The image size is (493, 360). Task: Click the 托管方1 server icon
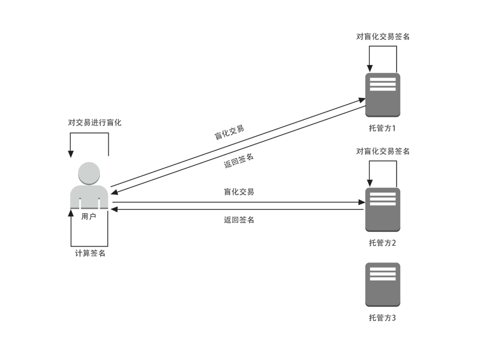coord(383,94)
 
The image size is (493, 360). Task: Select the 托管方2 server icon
coord(383,209)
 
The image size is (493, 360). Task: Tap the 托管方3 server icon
coord(383,284)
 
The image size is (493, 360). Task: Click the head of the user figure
coord(89,173)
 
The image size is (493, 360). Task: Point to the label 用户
coord(89,216)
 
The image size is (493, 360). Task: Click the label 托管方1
coord(382,129)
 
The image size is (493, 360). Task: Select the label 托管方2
coord(382,243)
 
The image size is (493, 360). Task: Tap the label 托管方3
coord(382,318)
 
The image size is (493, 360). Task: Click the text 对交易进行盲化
coord(95,123)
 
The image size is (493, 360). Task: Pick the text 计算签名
coord(90,253)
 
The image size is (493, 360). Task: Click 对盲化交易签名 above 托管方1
coord(383,37)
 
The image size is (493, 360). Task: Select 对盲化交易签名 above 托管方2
coord(383,151)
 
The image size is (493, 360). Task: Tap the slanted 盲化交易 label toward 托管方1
coord(229,133)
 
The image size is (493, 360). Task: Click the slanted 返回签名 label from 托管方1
coord(239,161)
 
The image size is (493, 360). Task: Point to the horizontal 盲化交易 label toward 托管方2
coord(239,192)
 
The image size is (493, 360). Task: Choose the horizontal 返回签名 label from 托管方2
coord(239,220)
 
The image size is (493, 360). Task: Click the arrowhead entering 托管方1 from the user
coord(362,100)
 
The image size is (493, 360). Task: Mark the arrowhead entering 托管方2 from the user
coord(362,203)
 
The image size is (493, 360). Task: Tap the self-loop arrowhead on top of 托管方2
coord(370,184)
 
